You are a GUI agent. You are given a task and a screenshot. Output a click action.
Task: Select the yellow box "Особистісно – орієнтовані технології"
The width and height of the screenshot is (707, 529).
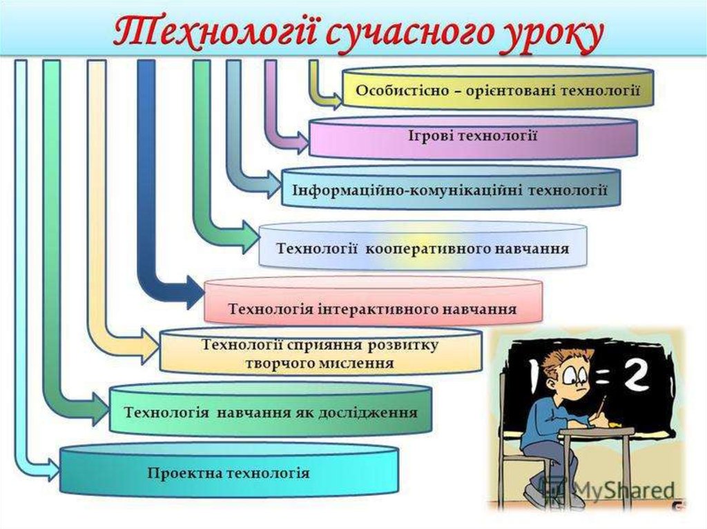pos(496,89)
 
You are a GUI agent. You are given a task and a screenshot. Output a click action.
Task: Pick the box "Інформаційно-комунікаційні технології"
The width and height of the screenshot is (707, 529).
pos(450,188)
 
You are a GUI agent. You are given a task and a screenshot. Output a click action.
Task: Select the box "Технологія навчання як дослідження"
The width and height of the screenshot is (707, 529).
pos(270,412)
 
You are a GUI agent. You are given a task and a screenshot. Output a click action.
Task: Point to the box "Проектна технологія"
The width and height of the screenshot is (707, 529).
pos(229,473)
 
